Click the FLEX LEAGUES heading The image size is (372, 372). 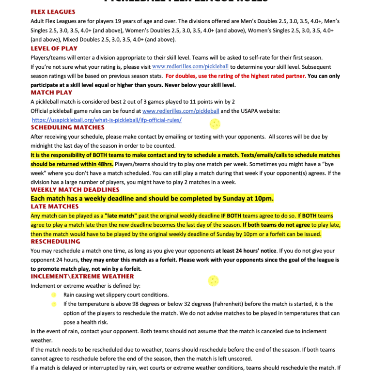pos(53,12)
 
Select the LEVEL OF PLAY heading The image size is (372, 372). pos(54,48)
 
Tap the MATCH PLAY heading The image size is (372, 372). pos(51,93)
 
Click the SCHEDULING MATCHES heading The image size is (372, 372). pos(67,127)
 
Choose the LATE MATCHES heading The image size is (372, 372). pos(55,206)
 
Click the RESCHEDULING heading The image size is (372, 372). pos(55,241)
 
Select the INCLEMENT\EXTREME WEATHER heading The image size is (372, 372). pos(82,276)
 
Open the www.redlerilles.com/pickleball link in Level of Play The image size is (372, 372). pos(190,67)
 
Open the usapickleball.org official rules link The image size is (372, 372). pos(107,120)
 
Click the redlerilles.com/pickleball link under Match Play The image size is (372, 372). pos(181,111)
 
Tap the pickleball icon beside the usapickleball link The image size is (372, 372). pos(214,123)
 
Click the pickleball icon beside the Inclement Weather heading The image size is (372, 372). pos(213,280)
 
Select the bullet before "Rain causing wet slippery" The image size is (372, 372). pos(54,294)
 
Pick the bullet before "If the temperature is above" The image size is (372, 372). pos(54,304)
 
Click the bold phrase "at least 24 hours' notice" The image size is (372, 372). pos(246,250)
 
